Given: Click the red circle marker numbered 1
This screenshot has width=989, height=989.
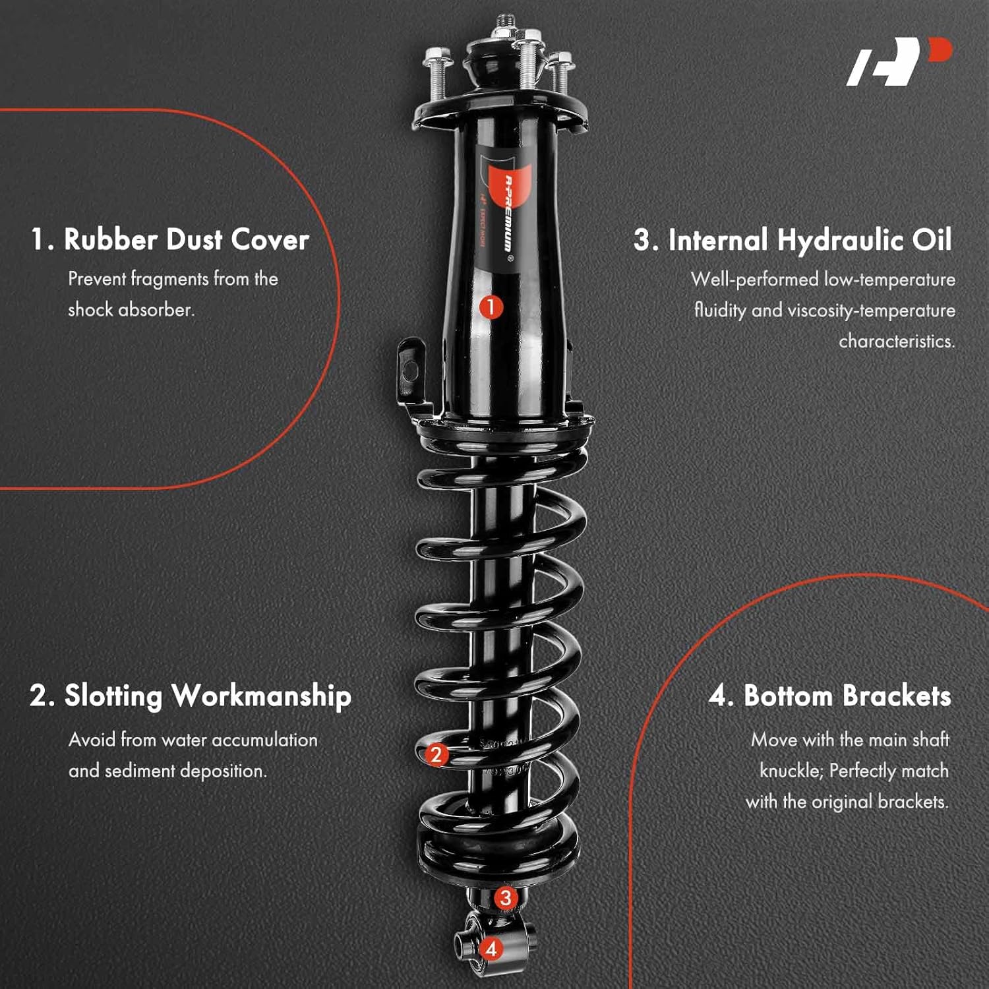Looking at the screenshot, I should click(x=491, y=307).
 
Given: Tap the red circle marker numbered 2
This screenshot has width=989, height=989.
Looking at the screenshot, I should click(x=436, y=754).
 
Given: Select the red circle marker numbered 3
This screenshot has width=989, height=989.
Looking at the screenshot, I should click(x=506, y=897).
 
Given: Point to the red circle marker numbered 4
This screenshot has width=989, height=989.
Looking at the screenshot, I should click(x=491, y=949).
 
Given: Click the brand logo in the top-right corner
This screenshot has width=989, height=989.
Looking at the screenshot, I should click(x=899, y=62).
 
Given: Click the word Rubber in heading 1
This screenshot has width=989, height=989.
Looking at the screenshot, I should click(x=109, y=239).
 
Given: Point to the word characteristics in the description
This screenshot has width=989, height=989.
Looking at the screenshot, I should click(x=896, y=342).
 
